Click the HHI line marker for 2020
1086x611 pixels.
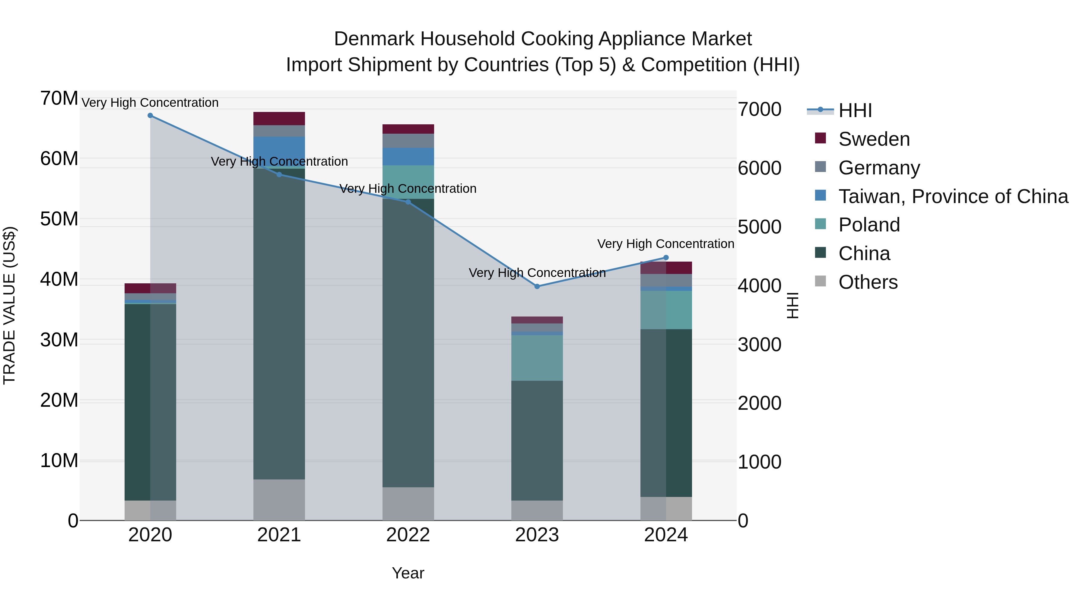point(150,116)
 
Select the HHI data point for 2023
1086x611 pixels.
point(537,286)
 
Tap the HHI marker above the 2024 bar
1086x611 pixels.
point(666,258)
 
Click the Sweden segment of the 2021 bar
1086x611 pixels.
point(279,119)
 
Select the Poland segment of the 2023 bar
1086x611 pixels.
point(537,358)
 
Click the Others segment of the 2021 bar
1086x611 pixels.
point(279,500)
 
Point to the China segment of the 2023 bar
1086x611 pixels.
point(537,441)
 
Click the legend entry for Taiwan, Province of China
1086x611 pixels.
point(953,196)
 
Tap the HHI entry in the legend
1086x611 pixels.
point(855,110)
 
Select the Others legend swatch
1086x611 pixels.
point(821,281)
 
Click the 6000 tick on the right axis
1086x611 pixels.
point(759,168)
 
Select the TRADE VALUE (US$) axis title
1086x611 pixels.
point(10,305)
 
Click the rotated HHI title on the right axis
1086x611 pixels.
point(792,305)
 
